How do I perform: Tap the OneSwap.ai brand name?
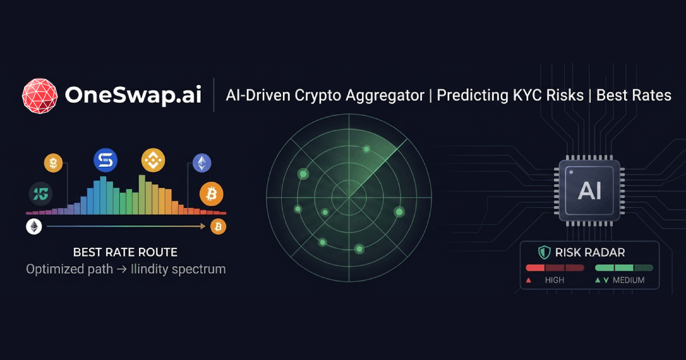pos(133,95)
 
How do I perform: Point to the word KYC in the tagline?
pos(524,95)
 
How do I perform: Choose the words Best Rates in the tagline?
pos(633,95)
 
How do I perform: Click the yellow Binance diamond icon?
pos(153,161)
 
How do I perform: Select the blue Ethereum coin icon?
pos(201,163)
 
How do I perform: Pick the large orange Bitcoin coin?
pos(211,195)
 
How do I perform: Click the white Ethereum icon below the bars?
pos(34,227)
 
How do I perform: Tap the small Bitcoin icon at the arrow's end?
pos(218,227)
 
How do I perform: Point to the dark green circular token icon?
pos(41,195)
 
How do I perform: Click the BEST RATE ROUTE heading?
pos(125,252)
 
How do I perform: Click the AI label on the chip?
pos(589,190)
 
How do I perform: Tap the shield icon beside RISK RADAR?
pos(544,252)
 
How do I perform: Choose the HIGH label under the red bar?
pos(555,280)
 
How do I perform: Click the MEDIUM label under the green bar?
pos(628,280)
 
